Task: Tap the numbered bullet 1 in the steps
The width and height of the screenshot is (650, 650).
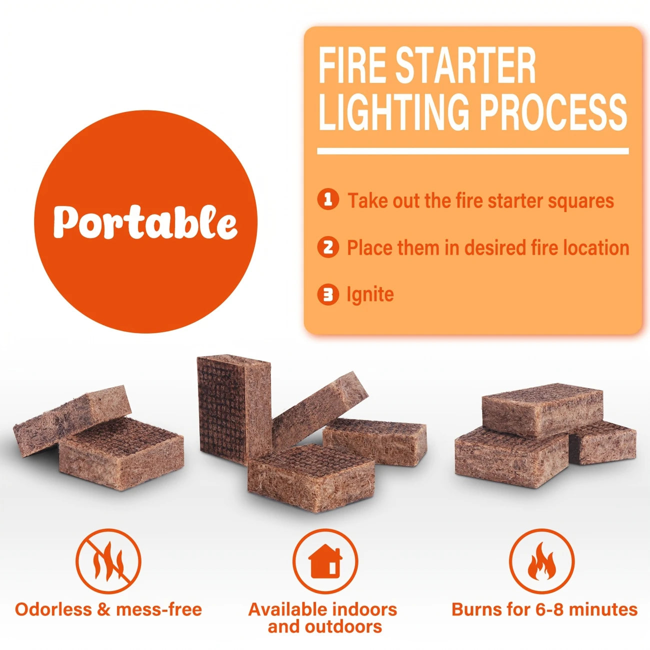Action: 328,200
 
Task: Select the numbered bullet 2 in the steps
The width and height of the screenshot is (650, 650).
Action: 328,247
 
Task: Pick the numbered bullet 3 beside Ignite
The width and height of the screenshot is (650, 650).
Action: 328,294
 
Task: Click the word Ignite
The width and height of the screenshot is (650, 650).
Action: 370,295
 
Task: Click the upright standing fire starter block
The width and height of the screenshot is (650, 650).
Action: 234,411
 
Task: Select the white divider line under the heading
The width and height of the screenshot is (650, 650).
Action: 473,151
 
